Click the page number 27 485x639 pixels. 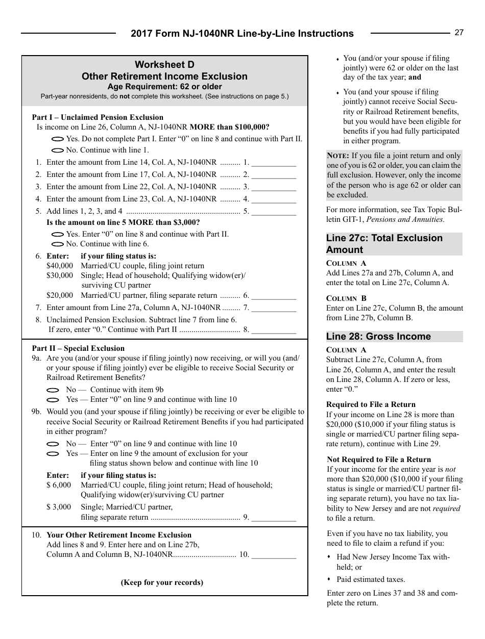click(459, 33)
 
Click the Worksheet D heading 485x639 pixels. click(164, 64)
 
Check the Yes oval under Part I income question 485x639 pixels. click(58, 139)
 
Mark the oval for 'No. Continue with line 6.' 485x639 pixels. click(58, 244)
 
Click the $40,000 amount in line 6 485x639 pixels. click(59, 266)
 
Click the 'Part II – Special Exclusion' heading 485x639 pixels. click(78, 348)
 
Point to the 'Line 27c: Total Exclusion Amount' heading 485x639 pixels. click(384, 244)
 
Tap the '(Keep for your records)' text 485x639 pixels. click(162, 582)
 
